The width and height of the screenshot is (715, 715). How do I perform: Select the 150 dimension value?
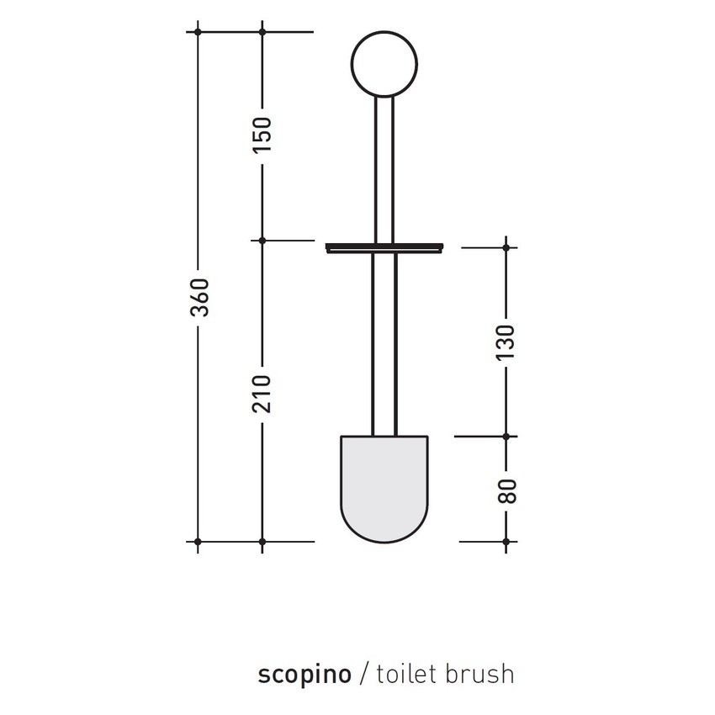[x=262, y=135]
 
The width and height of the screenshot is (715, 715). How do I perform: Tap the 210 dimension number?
[x=262, y=393]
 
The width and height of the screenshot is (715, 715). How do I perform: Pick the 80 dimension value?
[x=506, y=490]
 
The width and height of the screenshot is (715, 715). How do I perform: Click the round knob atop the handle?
[x=384, y=66]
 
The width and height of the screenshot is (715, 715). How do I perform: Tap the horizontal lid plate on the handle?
[x=384, y=247]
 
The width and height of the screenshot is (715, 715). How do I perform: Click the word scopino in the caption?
[x=304, y=674]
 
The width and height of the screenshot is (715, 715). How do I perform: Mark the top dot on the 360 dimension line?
[x=198, y=32]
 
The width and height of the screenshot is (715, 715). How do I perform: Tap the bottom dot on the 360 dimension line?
[x=198, y=542]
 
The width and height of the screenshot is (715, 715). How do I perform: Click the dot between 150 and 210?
[x=262, y=241]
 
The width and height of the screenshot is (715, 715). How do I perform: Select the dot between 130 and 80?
[x=506, y=437]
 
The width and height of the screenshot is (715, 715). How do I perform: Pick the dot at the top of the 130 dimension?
[x=506, y=247]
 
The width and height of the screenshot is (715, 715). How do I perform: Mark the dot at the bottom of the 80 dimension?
[x=506, y=542]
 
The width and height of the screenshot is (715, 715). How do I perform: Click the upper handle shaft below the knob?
[x=384, y=168]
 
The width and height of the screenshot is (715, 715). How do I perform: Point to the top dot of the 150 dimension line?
[x=262, y=32]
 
